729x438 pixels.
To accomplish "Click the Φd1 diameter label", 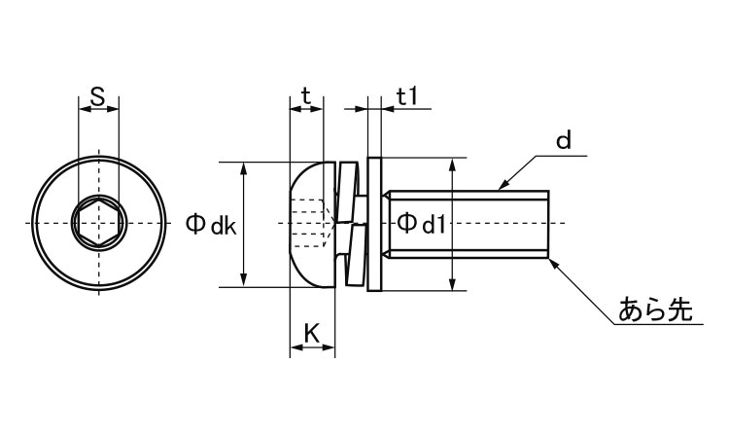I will tap(420, 225).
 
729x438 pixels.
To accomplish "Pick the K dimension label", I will tap(311, 333).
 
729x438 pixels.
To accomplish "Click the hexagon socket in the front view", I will tap(98, 225).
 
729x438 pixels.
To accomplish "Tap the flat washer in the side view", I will tap(376, 225).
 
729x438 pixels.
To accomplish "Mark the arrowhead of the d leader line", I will tap(503, 185).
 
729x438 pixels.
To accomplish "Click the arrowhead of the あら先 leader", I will tap(556, 264).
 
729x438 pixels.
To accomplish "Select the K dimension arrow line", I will tap(312, 349).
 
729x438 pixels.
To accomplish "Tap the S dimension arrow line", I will tap(98, 110).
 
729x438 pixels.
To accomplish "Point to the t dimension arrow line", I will tap(306, 110).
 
